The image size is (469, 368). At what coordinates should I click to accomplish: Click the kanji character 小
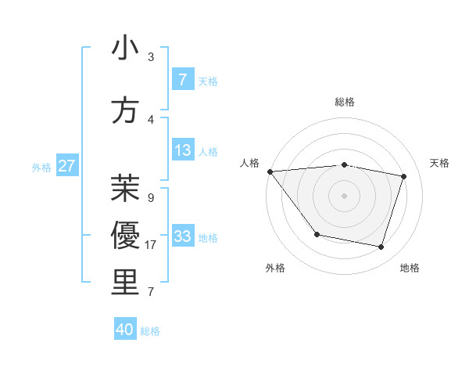coord(125,49)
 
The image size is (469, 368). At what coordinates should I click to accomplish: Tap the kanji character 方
coord(125,110)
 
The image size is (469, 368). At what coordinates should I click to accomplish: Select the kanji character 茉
coord(125,189)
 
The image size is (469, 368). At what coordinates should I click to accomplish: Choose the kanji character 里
coord(125,283)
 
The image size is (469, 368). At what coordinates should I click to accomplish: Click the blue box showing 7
coord(182,79)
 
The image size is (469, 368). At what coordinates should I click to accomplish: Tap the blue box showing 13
coord(182,150)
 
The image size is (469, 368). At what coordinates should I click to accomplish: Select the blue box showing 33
coord(182,236)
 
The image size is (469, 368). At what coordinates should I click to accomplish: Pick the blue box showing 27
coord(66,166)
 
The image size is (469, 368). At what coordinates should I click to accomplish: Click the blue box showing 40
coord(125,330)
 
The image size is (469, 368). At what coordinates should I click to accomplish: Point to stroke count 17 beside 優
coord(151,245)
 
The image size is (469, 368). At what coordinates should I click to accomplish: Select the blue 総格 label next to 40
coord(150,331)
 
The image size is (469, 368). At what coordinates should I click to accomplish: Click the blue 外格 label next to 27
coord(41,167)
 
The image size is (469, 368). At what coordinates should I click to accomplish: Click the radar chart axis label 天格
coord(439,163)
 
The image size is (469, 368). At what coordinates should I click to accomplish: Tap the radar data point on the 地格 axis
coord(381,247)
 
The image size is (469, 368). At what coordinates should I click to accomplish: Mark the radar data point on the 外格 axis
coord(317,234)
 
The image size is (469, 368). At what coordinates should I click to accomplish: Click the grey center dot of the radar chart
coord(344,195)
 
